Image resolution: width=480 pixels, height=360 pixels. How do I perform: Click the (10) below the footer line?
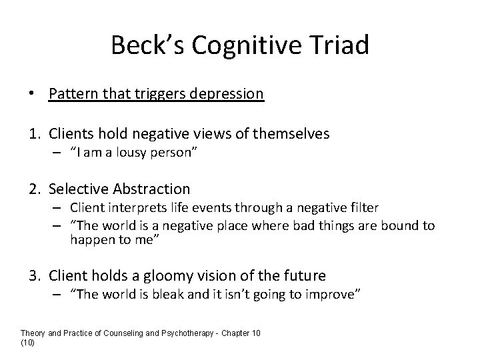pyautogui.click(x=27, y=342)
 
